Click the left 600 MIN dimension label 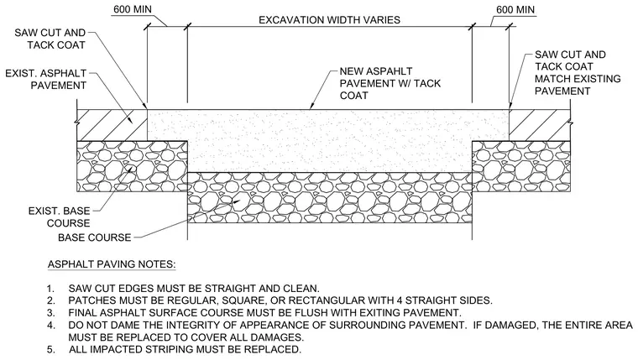coord(133,9)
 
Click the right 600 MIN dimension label coord(515,10)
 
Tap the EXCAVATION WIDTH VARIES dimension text coord(330,20)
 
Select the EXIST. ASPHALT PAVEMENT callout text coord(46,80)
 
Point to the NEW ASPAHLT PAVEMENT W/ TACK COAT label coord(390,83)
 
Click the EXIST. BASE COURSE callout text coord(59,217)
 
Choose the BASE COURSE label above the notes coord(94,237)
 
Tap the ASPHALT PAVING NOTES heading coord(112,264)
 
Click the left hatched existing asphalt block coord(112,125)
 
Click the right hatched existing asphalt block coord(540,125)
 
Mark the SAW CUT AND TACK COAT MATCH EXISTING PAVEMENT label coord(578,73)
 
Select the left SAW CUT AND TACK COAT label coord(50,39)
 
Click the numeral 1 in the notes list coord(50,289)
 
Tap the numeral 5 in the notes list coord(50,350)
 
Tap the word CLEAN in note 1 coord(301,289)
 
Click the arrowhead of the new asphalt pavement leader coord(311,107)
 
